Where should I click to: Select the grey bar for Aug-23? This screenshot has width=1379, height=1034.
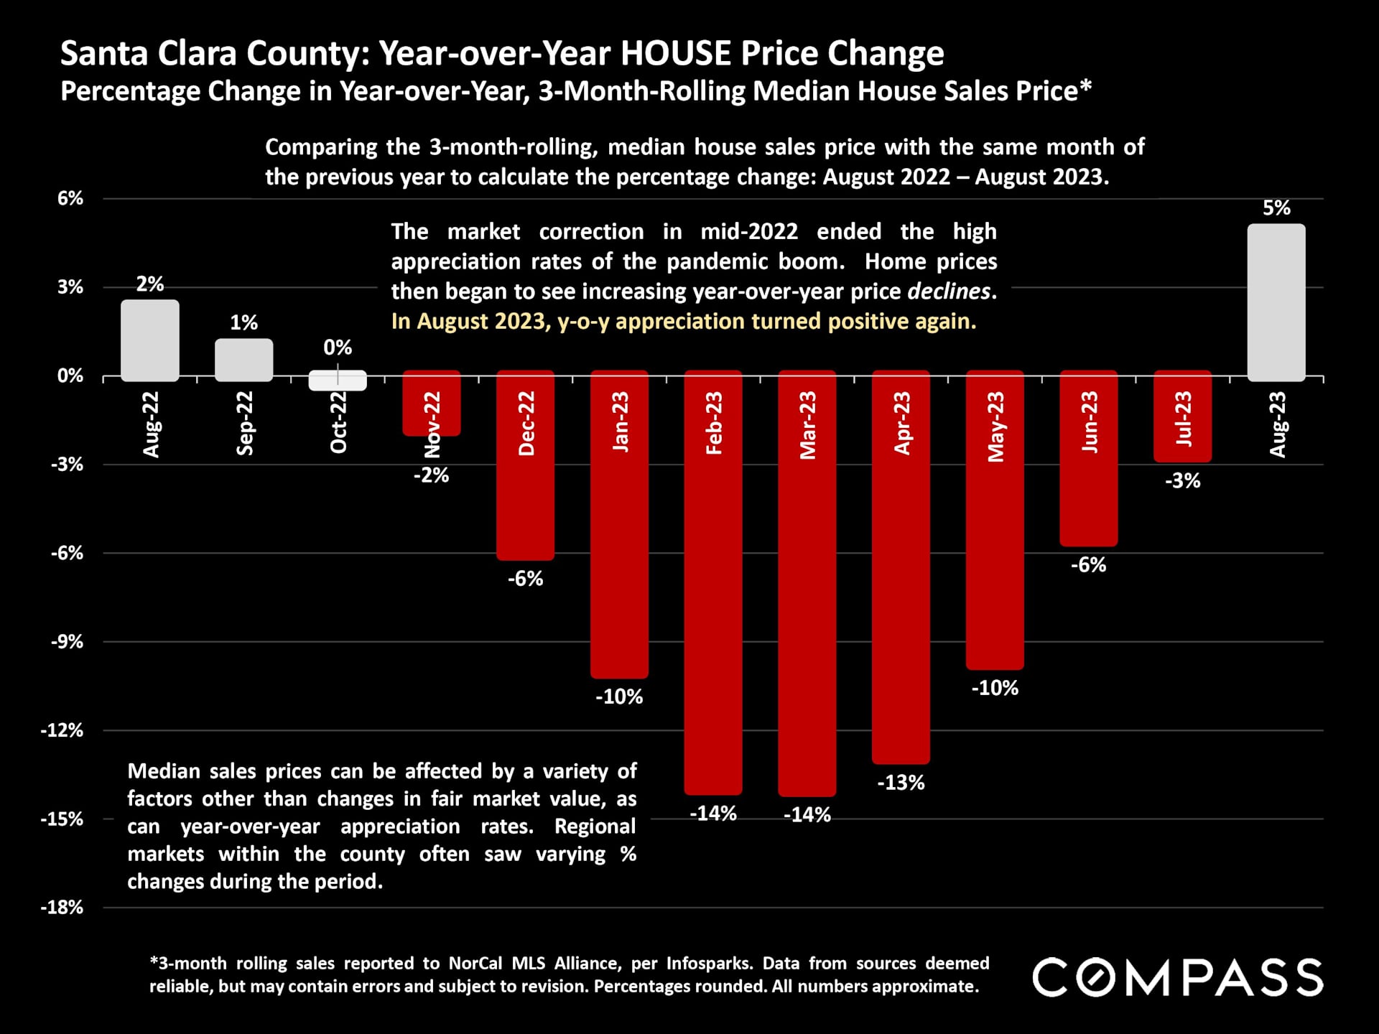coord(1276,302)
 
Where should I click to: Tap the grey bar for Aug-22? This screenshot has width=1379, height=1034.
coord(149,340)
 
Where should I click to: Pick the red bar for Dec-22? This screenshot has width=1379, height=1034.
coord(525,503)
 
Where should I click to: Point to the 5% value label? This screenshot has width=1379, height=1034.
coord(1276,208)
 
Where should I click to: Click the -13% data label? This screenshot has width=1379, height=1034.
coord(901,783)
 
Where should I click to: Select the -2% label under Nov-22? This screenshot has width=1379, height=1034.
coord(431,475)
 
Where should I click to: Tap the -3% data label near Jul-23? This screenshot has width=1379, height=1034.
coord(1182,481)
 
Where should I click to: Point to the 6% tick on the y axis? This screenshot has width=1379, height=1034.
coord(70,198)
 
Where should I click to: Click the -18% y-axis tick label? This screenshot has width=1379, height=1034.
coord(62,908)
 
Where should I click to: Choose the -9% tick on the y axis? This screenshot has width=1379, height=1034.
coord(66,642)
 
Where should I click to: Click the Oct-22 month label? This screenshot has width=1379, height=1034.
coord(338,423)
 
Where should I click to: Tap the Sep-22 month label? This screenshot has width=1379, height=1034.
coord(244,423)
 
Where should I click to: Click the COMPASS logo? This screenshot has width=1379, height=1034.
coord(1178,977)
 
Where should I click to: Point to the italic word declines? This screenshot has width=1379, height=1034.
coord(949,292)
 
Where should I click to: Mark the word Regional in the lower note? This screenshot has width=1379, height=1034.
coord(595,826)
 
